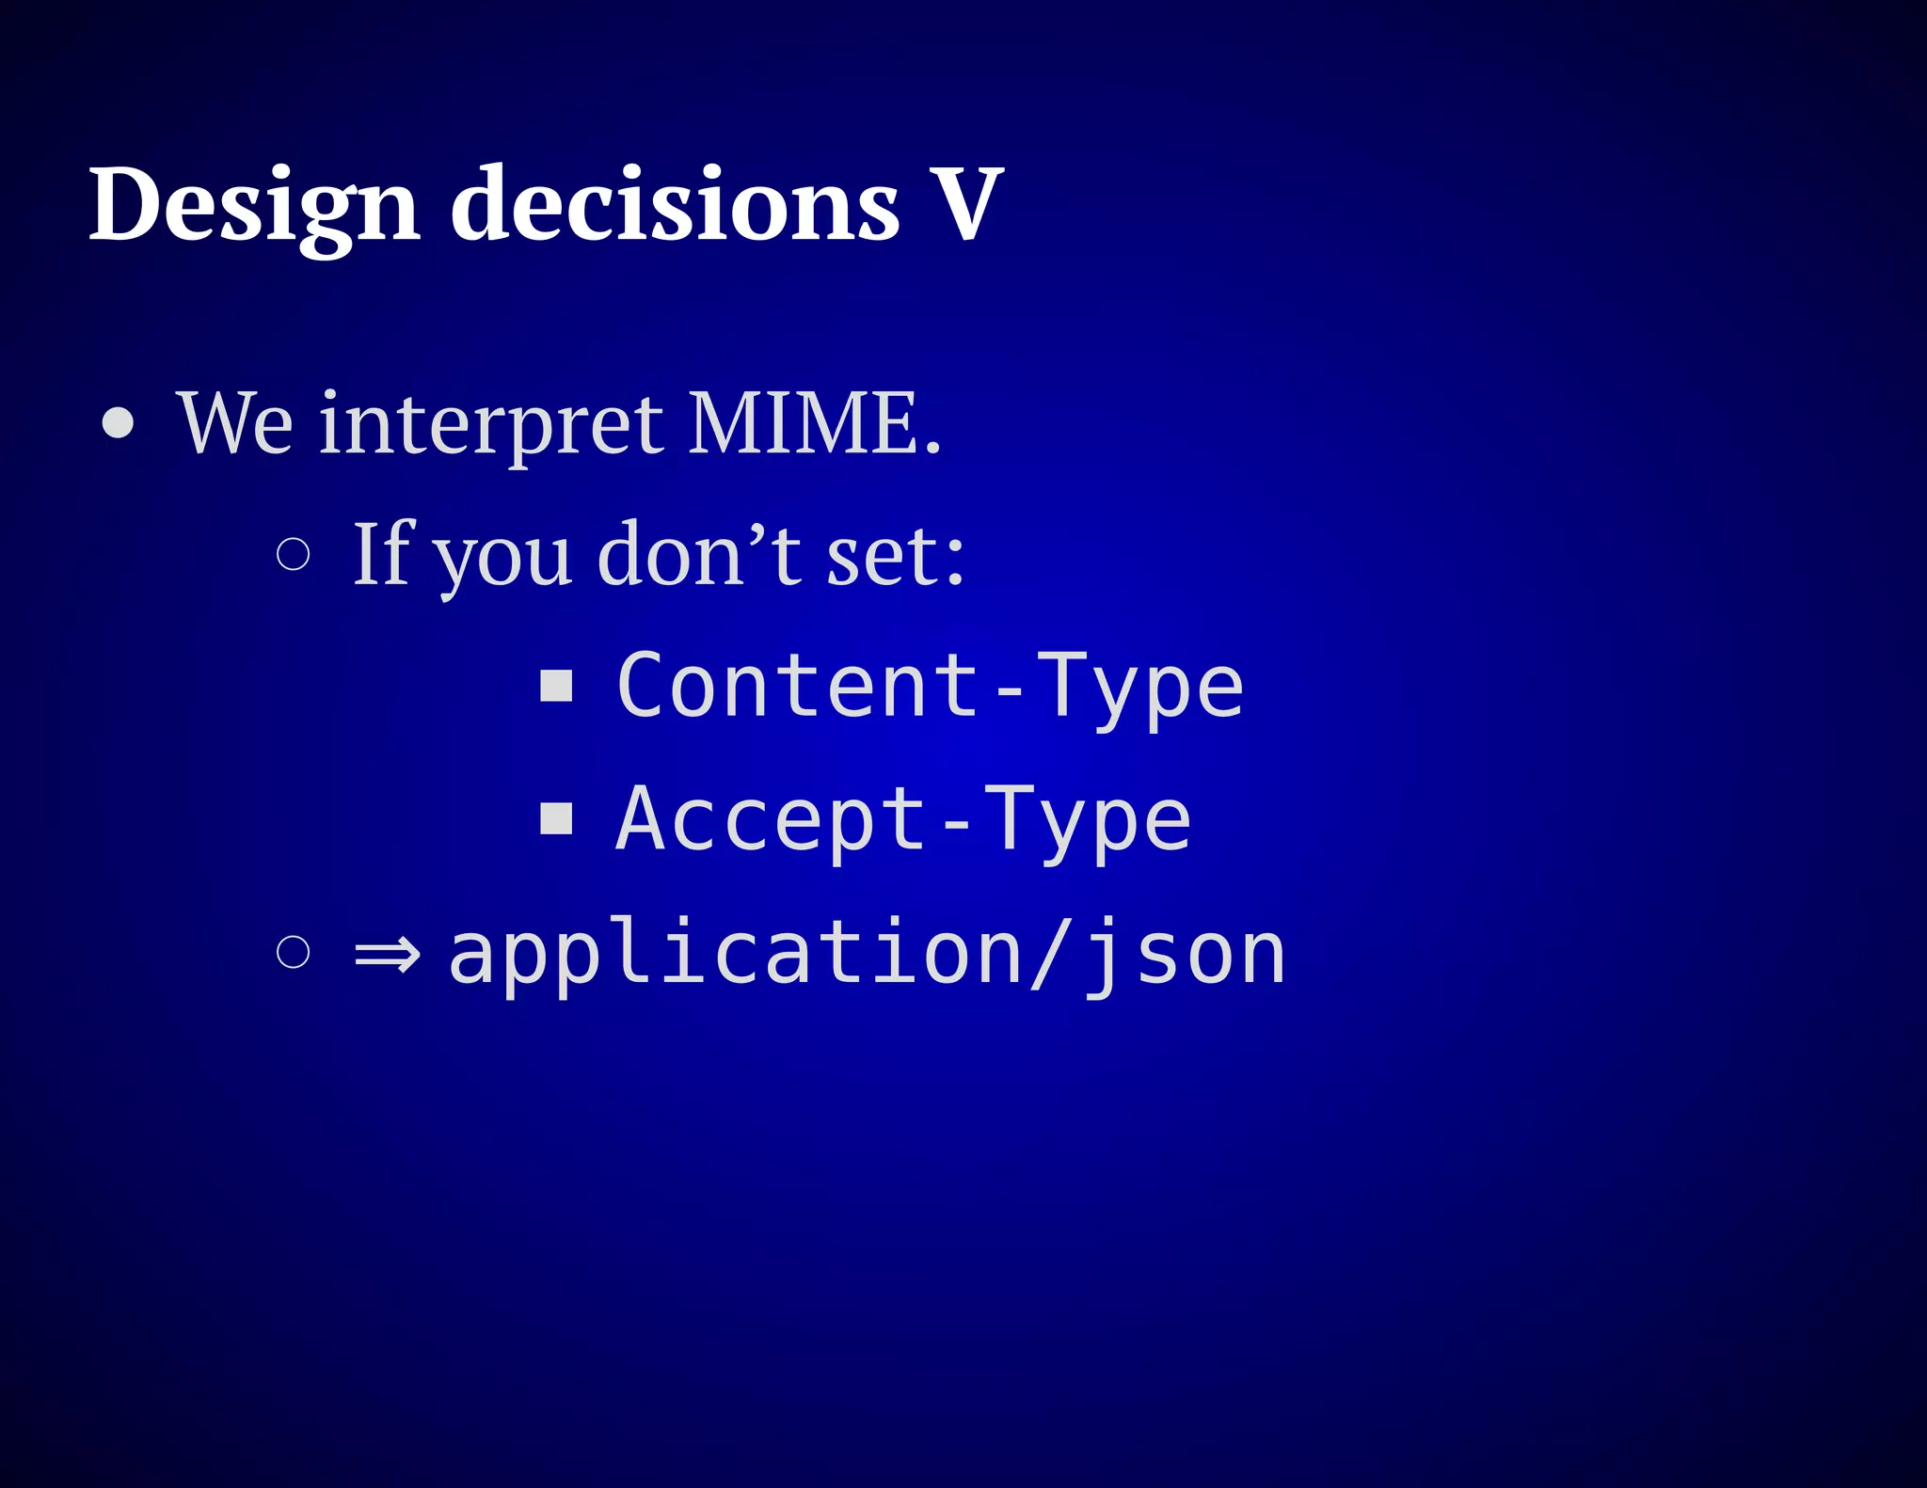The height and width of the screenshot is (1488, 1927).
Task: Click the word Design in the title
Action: [x=254, y=205]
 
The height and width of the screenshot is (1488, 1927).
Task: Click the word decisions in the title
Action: [x=675, y=205]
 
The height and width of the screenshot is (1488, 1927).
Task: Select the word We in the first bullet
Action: [x=235, y=424]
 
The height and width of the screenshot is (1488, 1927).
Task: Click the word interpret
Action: [x=490, y=424]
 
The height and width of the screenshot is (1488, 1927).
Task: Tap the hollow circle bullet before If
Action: [x=294, y=555]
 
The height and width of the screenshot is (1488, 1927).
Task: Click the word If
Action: [x=381, y=555]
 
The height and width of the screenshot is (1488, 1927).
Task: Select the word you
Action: [x=503, y=560]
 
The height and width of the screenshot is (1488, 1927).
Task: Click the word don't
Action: [x=698, y=555]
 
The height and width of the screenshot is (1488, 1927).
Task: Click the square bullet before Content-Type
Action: [x=556, y=686]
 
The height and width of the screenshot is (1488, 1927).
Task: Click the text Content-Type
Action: [x=930, y=688]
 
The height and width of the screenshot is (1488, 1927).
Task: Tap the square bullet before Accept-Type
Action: [x=556, y=818]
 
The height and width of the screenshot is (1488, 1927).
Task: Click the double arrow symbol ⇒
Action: [x=387, y=956]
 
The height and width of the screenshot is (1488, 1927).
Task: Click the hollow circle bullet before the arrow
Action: [x=294, y=952]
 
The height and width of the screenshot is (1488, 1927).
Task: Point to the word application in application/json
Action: [x=734, y=955]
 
